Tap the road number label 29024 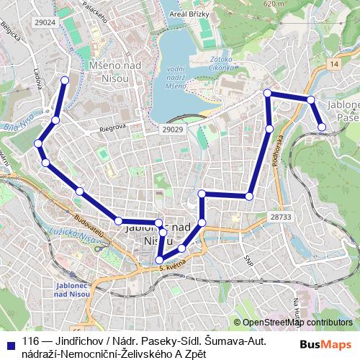(45, 22)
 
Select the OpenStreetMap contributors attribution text (297, 323)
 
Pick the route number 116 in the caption (30, 341)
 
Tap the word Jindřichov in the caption (77, 341)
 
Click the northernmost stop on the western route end (66, 80)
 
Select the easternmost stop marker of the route (322, 127)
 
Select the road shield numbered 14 (332, 65)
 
